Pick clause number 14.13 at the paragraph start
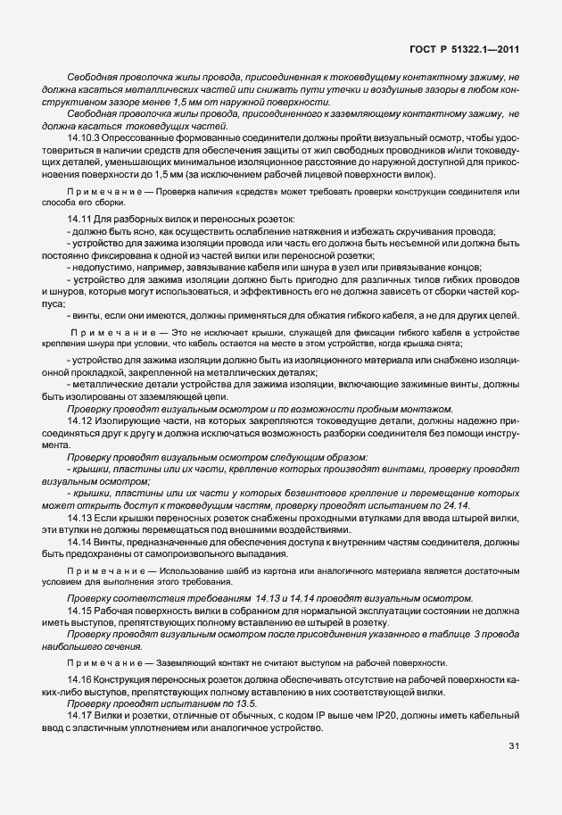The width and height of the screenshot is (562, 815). tap(79, 518)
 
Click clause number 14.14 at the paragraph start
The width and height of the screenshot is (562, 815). tap(79, 543)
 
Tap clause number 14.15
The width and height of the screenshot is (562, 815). tap(79, 611)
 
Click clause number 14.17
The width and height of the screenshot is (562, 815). tap(79, 715)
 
